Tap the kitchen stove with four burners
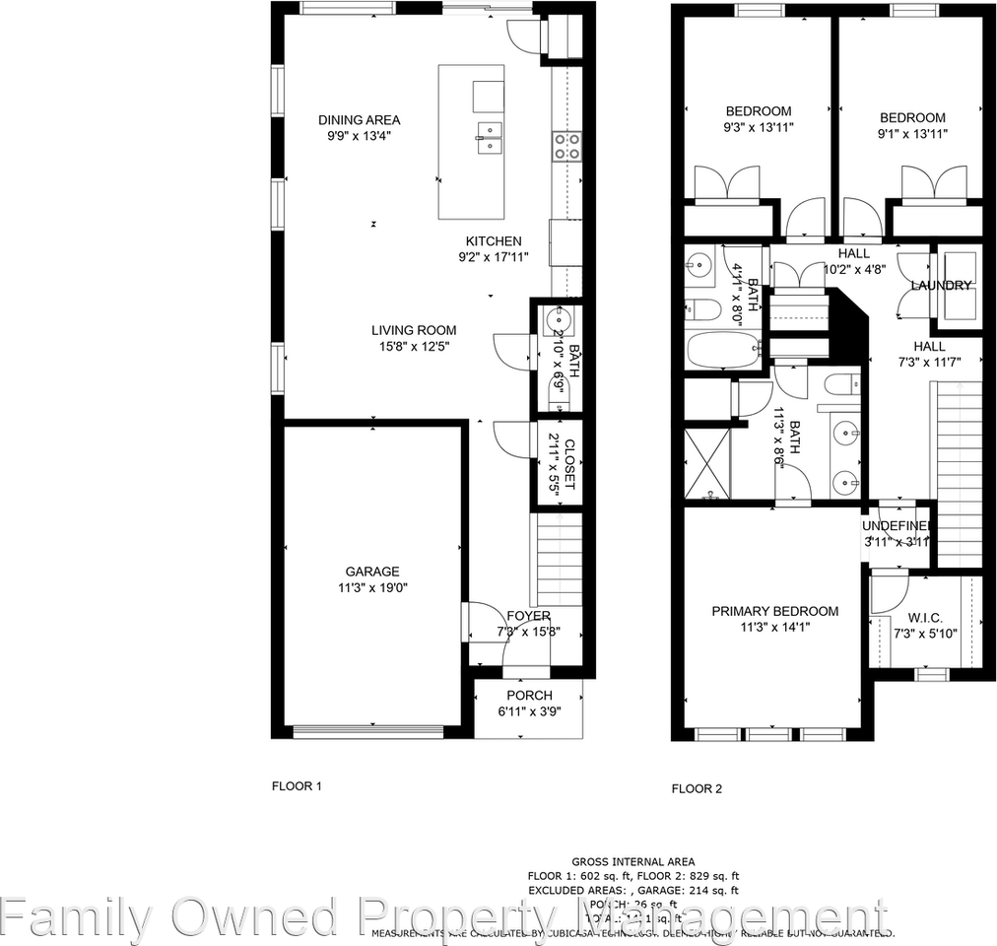(x=565, y=146)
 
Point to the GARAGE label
(x=371, y=572)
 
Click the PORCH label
(x=530, y=696)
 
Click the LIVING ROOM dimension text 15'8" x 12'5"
(x=414, y=346)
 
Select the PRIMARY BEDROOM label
(x=775, y=611)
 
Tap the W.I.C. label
(x=925, y=619)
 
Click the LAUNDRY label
(x=942, y=286)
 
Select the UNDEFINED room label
(x=897, y=526)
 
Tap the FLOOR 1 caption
(x=297, y=786)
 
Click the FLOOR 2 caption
(x=697, y=788)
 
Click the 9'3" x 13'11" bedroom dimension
(x=759, y=127)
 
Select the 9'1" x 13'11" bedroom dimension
(x=912, y=133)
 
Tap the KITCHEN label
(x=494, y=241)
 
